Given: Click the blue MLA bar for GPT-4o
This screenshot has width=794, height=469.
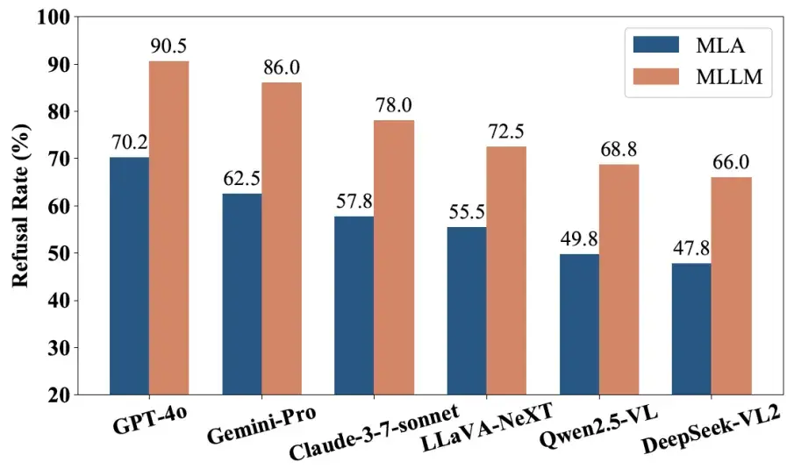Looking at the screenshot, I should [x=129, y=275].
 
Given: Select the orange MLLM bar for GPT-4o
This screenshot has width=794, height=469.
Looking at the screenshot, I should [x=168, y=228].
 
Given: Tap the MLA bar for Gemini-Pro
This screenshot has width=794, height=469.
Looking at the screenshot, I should [x=242, y=294].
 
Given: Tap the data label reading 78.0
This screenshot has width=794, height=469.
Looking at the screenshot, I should [x=394, y=106].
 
